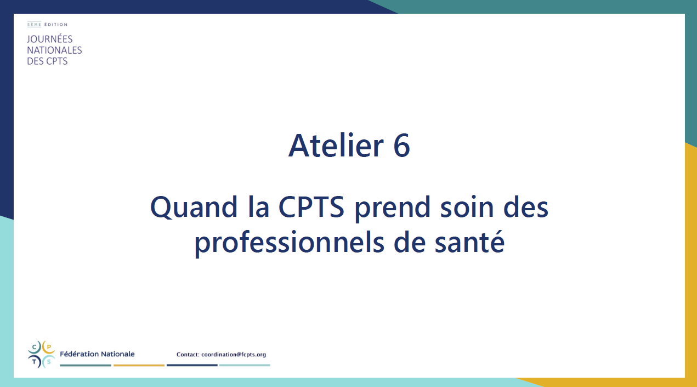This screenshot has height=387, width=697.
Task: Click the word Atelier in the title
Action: (x=336, y=145)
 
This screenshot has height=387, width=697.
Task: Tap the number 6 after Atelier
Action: (x=402, y=146)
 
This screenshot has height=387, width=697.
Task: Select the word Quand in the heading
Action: (x=194, y=207)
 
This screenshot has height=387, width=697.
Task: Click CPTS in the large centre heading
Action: (x=311, y=206)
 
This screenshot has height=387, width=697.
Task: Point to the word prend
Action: (x=393, y=208)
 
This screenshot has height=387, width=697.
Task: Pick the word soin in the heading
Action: (x=467, y=207)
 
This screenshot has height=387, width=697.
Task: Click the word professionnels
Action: (x=290, y=243)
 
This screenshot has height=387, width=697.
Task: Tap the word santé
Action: (x=469, y=242)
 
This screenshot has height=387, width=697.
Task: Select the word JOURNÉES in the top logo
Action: (x=50, y=39)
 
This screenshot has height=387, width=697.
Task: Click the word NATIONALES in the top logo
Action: (x=54, y=50)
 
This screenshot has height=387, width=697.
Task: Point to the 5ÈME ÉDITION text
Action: (x=47, y=24)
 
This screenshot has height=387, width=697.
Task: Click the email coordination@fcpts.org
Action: (x=234, y=354)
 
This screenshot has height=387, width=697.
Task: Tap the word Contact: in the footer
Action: (x=188, y=354)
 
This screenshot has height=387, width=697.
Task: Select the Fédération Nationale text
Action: (x=97, y=354)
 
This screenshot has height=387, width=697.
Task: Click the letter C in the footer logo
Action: (x=35, y=347)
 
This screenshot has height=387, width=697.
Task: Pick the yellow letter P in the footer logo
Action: (x=49, y=347)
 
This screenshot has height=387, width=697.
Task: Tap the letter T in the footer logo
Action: (x=35, y=362)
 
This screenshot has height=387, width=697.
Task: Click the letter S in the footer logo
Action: (x=49, y=362)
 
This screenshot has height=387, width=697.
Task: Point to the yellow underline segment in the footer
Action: (x=139, y=365)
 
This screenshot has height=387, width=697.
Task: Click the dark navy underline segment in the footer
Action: (x=192, y=365)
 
